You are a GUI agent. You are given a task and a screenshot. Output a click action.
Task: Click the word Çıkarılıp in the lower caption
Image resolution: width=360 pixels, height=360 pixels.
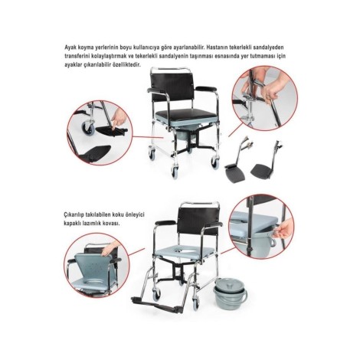[x=73, y=214]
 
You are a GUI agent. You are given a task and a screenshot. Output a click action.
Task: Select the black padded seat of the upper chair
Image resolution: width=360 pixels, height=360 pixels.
[x=186, y=114]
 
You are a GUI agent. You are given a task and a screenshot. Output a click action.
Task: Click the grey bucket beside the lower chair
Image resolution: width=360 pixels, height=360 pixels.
[x=230, y=294]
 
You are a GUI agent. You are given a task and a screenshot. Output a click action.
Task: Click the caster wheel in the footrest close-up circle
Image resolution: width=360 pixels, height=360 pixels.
[x=88, y=126]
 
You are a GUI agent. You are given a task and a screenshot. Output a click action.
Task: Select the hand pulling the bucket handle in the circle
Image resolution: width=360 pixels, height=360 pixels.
[x=284, y=229]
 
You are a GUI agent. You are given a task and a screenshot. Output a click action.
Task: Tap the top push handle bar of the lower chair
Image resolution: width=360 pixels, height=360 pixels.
[x=200, y=204]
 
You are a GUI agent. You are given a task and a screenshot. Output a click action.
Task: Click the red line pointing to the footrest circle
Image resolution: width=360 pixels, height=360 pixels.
[x=148, y=137]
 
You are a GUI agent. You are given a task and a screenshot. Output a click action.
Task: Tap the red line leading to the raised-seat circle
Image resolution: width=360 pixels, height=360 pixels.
[x=137, y=252]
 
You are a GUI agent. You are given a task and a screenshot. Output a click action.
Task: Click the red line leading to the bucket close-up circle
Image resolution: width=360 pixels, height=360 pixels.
[x=227, y=250]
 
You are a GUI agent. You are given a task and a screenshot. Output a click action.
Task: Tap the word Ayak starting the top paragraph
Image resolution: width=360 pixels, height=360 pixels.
[x=69, y=47]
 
